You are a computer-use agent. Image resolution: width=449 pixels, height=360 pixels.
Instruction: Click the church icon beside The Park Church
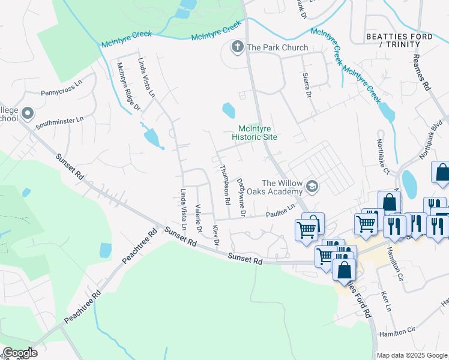(x=238, y=47)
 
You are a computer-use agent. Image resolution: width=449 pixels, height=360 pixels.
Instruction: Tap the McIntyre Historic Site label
(x=258, y=133)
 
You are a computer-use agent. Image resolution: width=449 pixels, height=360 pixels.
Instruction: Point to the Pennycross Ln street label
(x=61, y=93)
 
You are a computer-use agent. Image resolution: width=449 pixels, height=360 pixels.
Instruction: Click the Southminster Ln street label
(x=59, y=121)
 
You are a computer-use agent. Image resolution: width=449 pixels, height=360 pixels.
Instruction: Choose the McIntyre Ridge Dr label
(x=128, y=87)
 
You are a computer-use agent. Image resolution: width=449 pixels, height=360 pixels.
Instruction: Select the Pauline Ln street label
(x=281, y=210)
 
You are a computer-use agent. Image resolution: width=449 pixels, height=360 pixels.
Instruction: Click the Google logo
(x=20, y=352)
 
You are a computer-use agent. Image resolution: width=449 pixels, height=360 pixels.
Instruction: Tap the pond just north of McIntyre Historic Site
(x=229, y=110)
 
